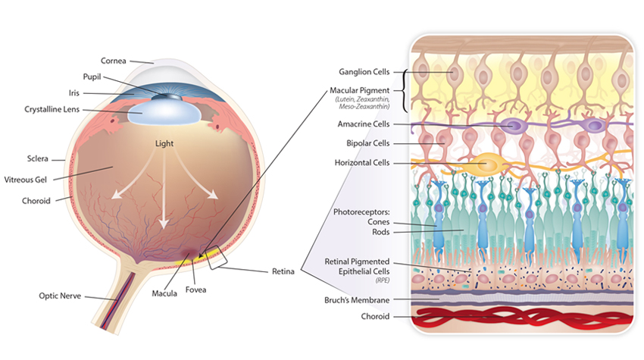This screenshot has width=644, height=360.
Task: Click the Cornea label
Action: point(114,61)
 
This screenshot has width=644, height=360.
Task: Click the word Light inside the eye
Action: point(164,142)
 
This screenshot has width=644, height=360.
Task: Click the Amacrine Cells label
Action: point(365,124)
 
